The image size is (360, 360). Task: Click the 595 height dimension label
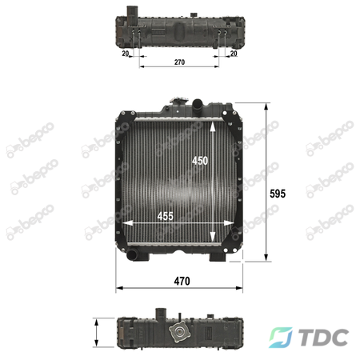pos(278,194)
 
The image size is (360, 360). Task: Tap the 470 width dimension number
pos(182,281)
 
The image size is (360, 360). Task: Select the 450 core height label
pos(200,161)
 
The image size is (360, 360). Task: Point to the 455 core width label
pos(165,216)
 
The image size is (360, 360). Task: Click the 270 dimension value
pos(179,62)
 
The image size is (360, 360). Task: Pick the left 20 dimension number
pos(126,54)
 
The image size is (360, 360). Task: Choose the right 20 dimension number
pos(234,54)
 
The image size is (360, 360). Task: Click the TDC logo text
pos(323,338)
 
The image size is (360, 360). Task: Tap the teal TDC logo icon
pos(280,338)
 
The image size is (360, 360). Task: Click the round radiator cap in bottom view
pos(179,333)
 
